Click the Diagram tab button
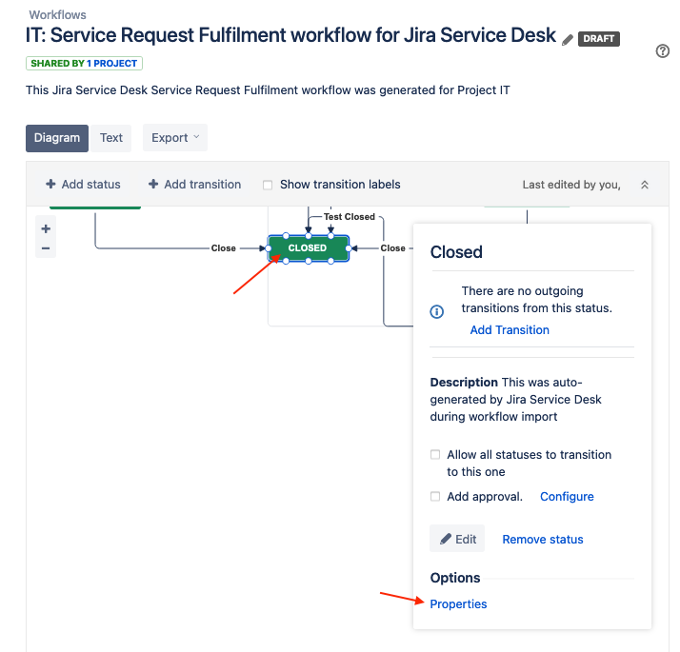click(x=57, y=138)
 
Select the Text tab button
click(x=111, y=138)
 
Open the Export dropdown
click(x=175, y=138)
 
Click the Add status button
click(x=84, y=185)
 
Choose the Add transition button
click(x=195, y=185)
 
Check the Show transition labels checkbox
click(x=268, y=186)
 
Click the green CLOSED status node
click(x=308, y=248)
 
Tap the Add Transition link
click(x=510, y=330)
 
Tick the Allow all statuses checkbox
click(x=435, y=455)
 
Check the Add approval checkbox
click(x=435, y=497)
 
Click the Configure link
click(x=567, y=497)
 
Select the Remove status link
click(x=543, y=540)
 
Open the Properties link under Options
click(x=458, y=604)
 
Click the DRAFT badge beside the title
click(x=598, y=39)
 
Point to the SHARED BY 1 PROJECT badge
click(x=84, y=64)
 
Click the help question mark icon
click(x=663, y=51)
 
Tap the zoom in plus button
click(x=46, y=228)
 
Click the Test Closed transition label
click(x=350, y=217)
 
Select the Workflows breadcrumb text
click(x=57, y=15)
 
